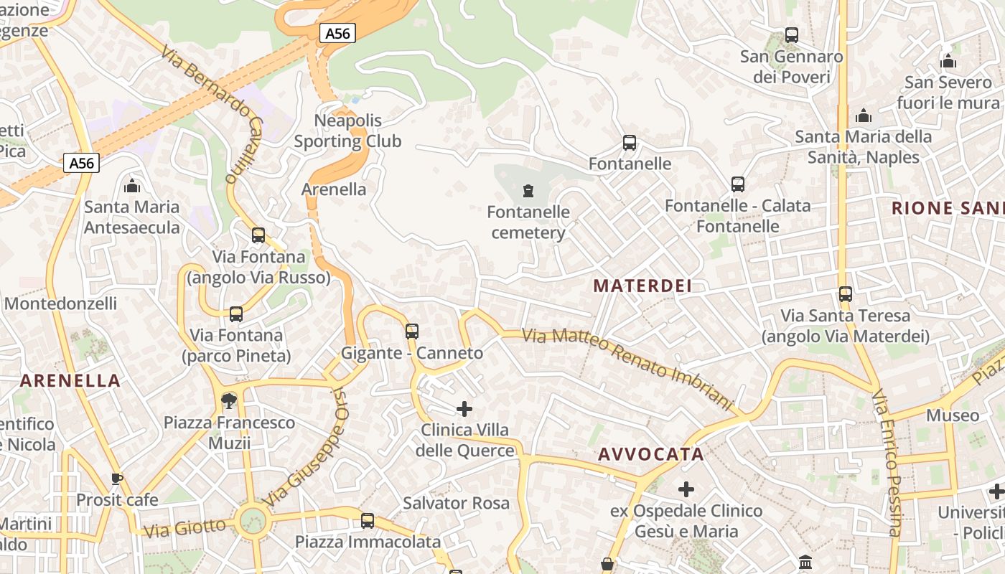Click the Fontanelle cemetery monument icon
pos(528,191)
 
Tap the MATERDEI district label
pos(642,286)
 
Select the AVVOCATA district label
pos(651,454)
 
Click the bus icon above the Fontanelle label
pos(630,143)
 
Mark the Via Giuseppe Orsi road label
pos(305,446)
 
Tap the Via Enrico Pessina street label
pos(887,463)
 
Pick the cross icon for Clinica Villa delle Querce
pos(464,409)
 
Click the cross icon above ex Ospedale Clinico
pos(686,489)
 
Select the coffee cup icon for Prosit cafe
pos(117,479)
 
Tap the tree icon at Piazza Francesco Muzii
pos(229,400)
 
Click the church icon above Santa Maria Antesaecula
pos(132,187)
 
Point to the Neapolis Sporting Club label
pos(348,131)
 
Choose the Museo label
pos(953,415)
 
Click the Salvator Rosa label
pos(457,503)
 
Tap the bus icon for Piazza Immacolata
pos(368,520)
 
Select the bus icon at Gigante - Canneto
pos(412,331)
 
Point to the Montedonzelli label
pos(60,304)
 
